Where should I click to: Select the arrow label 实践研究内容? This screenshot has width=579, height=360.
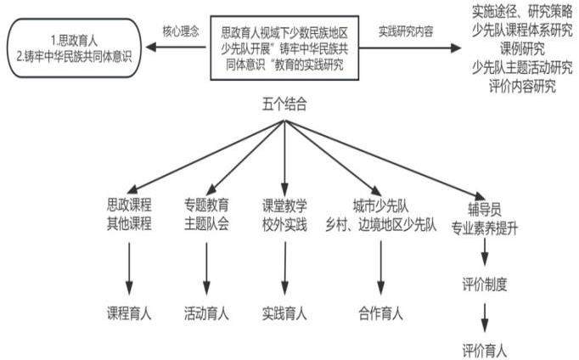(x=406, y=31)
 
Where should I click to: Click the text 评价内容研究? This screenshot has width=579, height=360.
(x=521, y=87)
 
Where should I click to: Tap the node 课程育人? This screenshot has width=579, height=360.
(x=129, y=313)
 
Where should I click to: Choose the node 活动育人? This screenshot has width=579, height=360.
(x=206, y=313)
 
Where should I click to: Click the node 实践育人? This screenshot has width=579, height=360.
(x=284, y=313)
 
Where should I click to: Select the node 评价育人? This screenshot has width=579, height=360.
(x=486, y=349)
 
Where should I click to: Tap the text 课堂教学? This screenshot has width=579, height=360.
(x=284, y=204)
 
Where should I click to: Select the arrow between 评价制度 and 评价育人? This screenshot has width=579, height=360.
(x=486, y=317)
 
